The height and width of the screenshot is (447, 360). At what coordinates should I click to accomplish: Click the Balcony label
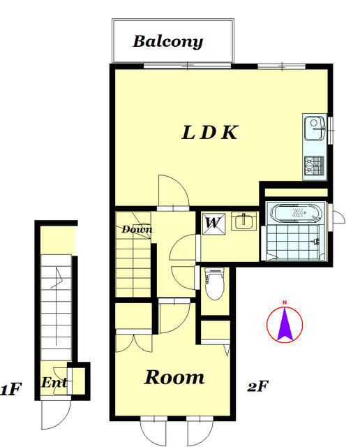click(x=168, y=42)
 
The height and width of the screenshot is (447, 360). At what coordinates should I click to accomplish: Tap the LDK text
click(x=209, y=133)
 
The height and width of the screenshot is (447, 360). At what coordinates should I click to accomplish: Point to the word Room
click(x=174, y=377)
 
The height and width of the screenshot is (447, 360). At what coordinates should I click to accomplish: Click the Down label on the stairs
click(x=137, y=229)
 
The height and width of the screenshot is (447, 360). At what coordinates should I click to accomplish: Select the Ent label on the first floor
click(x=54, y=383)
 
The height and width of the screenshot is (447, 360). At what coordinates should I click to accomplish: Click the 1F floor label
click(x=11, y=390)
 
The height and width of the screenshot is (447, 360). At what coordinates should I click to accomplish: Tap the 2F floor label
click(x=257, y=386)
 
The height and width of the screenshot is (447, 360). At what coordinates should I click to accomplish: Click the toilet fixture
click(x=214, y=284)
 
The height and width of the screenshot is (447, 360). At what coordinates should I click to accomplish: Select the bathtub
click(x=297, y=213)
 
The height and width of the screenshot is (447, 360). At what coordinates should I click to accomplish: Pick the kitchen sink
click(x=315, y=128)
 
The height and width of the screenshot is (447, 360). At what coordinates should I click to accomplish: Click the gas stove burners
click(x=314, y=166)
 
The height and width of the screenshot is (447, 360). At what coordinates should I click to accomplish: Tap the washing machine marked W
click(x=213, y=223)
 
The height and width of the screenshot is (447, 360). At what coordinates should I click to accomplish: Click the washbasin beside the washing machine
click(x=243, y=221)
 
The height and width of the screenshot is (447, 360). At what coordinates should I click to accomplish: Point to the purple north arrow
click(x=285, y=324)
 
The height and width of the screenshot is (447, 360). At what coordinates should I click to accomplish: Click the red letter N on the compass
click(x=285, y=302)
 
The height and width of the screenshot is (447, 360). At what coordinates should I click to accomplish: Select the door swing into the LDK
click(x=174, y=190)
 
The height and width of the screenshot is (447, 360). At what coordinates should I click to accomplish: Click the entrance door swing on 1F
click(x=56, y=415)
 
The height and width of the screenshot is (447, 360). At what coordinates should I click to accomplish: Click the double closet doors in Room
click(x=134, y=343)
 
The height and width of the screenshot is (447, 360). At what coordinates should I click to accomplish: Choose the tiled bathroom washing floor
click(x=294, y=242)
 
